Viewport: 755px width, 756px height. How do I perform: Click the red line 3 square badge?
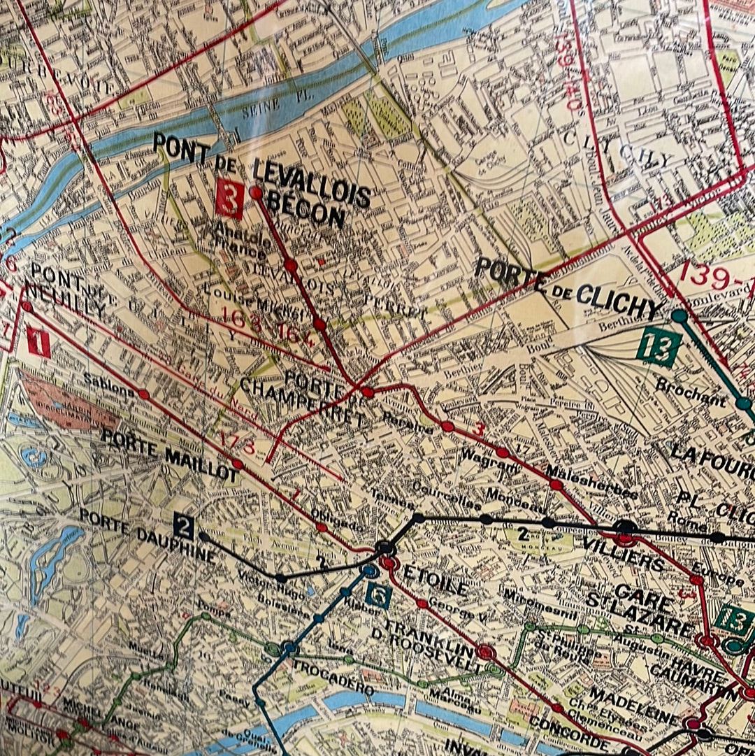[229, 199]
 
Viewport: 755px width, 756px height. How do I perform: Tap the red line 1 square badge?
[38, 343]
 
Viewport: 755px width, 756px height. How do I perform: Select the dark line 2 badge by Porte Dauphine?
[183, 527]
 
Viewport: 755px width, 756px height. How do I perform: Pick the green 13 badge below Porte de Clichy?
[659, 347]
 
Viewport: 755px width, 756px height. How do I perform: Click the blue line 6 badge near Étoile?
[378, 595]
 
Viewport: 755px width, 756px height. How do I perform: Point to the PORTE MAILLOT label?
[170, 455]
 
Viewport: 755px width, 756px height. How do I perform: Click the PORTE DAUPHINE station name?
[147, 536]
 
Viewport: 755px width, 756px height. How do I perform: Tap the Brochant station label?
[691, 394]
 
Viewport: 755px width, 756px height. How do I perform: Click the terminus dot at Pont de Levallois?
[256, 192]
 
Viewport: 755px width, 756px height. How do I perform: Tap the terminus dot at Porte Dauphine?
[203, 536]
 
